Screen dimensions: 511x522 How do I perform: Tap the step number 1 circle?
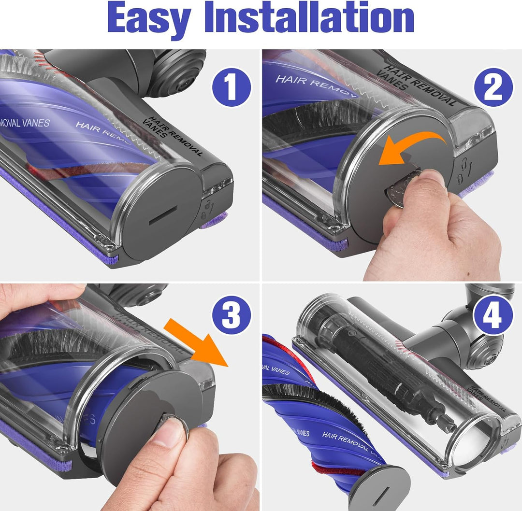coord(232,87)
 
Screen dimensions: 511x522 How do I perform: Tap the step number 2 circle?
coord(493,87)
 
